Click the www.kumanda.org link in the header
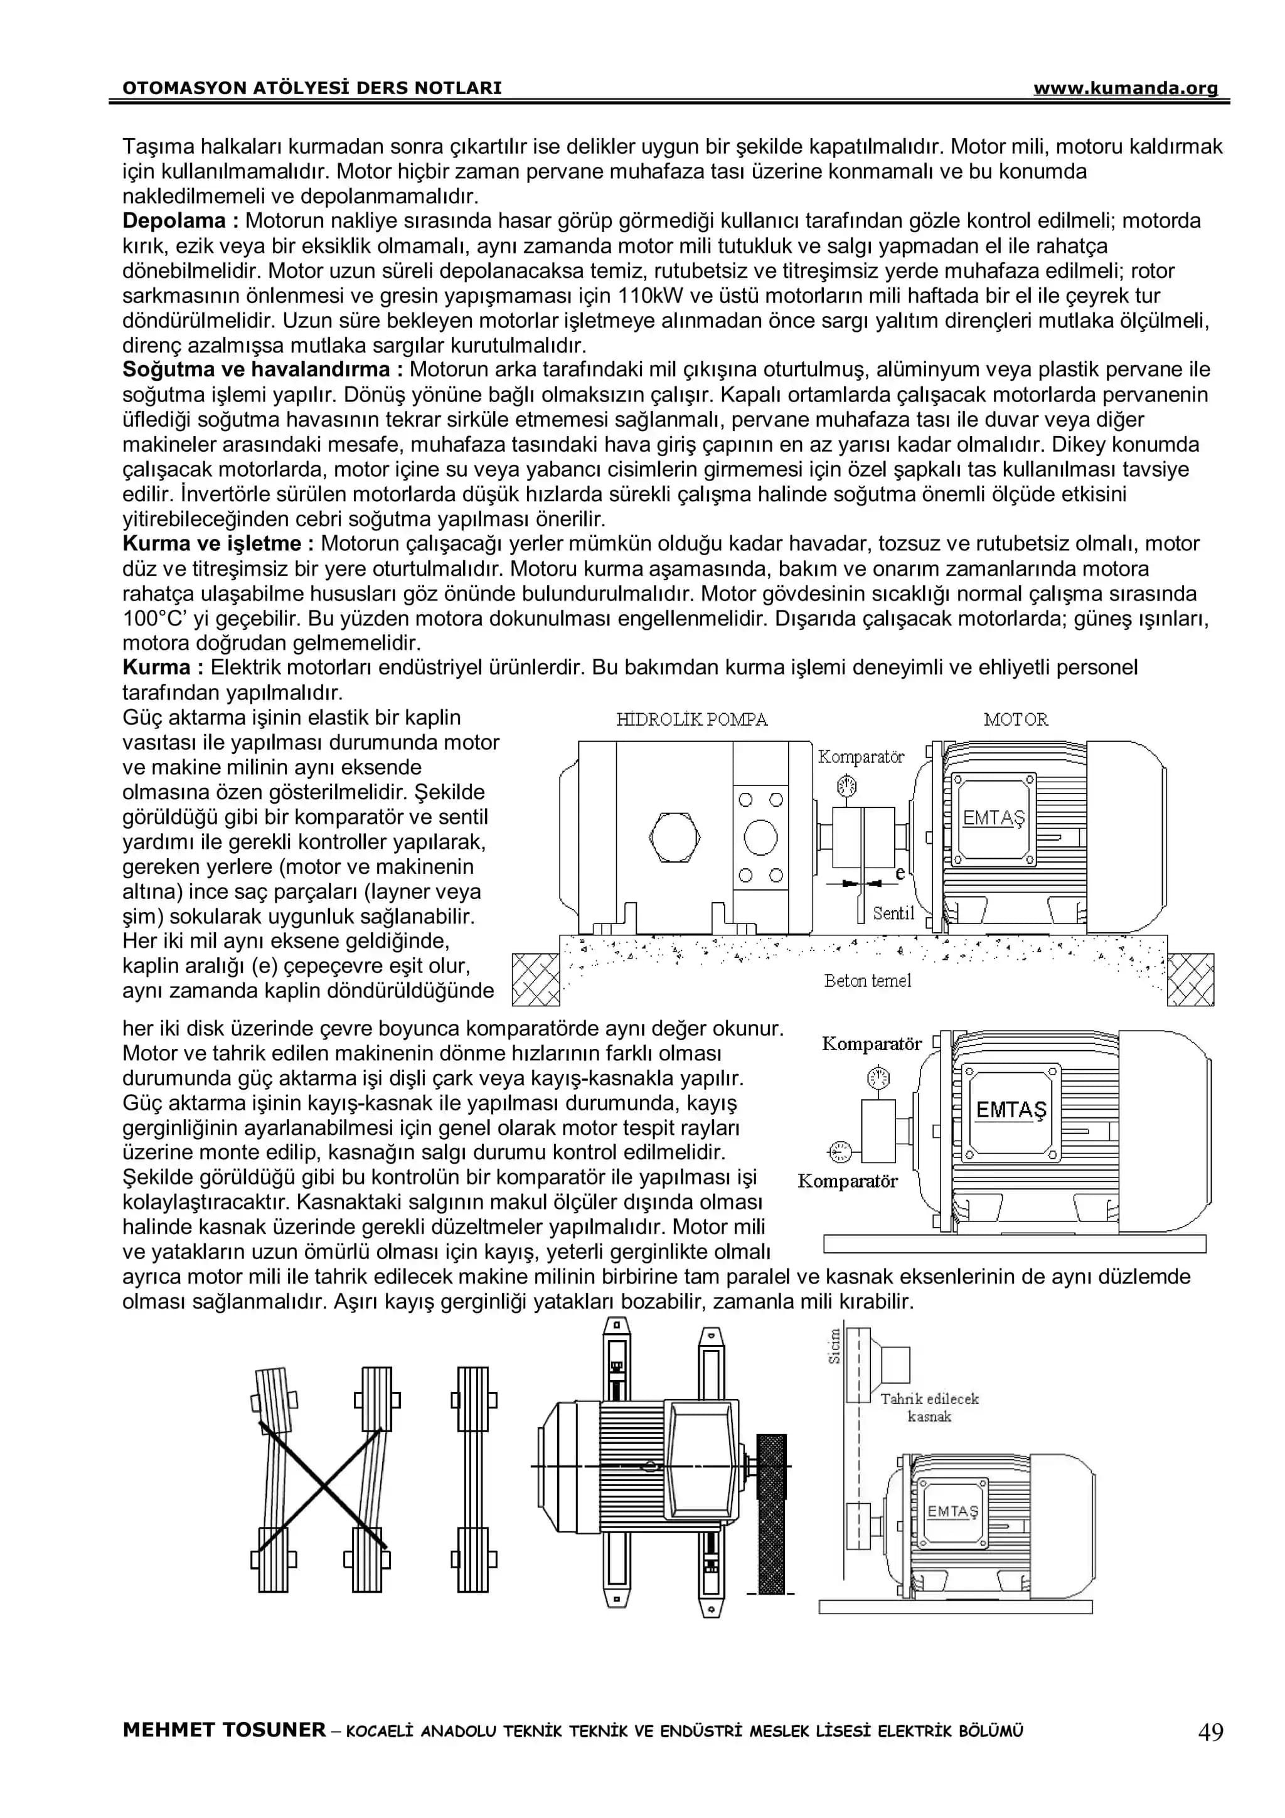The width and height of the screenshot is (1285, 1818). click(x=1124, y=88)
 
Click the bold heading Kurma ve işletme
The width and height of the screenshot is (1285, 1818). click(x=218, y=543)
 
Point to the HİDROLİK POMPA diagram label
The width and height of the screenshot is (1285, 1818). click(x=691, y=719)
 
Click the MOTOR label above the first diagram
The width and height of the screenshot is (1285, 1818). click(x=1015, y=719)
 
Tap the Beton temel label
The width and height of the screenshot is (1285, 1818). click(x=867, y=981)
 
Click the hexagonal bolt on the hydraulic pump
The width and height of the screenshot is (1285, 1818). click(x=674, y=837)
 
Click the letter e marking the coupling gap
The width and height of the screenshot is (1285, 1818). click(x=899, y=873)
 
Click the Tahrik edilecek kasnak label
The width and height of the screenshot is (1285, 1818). click(x=929, y=1407)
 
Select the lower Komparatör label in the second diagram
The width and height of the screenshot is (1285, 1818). click(x=847, y=1181)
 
